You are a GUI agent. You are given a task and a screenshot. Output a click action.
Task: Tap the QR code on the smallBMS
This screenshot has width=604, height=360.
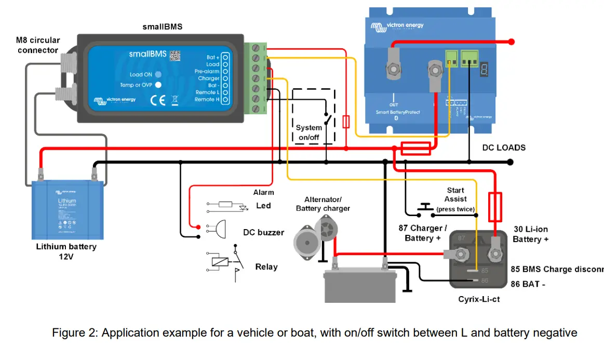tap(175, 55)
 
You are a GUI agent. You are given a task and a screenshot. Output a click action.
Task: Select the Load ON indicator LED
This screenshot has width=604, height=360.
tap(158, 74)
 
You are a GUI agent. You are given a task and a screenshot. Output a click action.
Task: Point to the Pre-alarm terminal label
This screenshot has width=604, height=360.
tap(207, 71)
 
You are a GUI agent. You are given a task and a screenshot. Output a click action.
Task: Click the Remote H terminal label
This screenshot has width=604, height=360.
tap(207, 99)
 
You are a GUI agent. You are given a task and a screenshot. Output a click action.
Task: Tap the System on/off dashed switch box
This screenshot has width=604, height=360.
tap(313, 116)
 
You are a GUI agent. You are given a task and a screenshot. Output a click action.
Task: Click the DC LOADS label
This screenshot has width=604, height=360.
tap(504, 148)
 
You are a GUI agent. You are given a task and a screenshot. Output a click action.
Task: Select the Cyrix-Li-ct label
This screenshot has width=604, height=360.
tap(479, 299)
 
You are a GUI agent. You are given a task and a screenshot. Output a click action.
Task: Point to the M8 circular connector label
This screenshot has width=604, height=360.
tap(38, 45)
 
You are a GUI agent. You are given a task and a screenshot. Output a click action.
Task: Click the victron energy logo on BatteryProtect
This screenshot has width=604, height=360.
tap(397, 24)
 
